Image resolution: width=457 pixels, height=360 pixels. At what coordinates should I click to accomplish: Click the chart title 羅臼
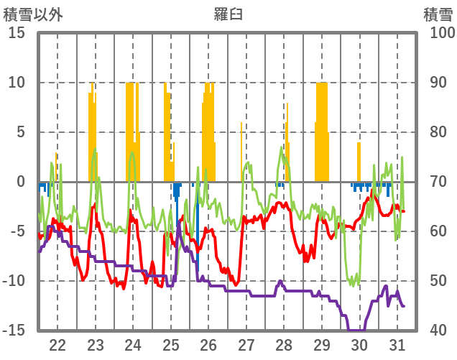coord(228,14)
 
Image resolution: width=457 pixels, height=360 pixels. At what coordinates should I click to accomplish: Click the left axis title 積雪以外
coord(34,14)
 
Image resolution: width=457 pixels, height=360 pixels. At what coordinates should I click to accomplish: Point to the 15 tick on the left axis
coord(17,33)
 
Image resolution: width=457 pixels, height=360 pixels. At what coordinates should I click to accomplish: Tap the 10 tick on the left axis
coord(17,83)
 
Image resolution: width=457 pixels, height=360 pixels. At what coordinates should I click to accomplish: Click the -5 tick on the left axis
coord(17,231)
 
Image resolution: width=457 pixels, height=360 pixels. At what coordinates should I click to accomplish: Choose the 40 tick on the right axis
coord(438,331)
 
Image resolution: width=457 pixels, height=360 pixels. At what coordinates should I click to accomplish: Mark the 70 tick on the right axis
coord(438,182)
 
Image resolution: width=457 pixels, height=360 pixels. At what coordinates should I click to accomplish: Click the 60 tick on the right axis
coord(438,231)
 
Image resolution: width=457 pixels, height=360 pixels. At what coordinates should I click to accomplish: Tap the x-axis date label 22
coord(57,344)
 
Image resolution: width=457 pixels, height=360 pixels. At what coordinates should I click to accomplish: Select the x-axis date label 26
coord(208,344)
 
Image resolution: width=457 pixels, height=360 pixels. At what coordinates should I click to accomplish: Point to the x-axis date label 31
coord(397,344)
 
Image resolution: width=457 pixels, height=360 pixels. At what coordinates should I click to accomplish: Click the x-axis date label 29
coord(321,344)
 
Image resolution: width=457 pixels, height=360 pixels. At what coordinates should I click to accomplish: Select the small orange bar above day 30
coord(359,162)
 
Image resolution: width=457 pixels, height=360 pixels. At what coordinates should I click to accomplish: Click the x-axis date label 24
coord(133,344)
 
